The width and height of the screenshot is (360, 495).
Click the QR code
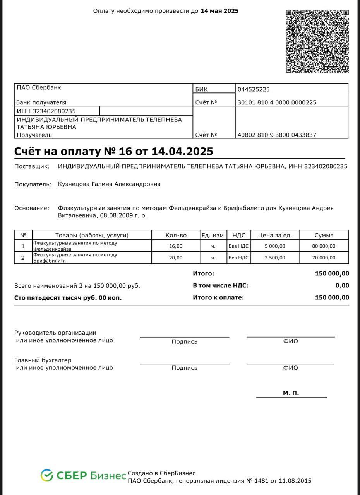(x=317, y=41)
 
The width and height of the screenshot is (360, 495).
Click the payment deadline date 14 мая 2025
(x=219, y=11)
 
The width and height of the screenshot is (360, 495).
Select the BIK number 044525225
(x=254, y=89)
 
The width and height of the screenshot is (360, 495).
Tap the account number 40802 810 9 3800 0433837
(x=277, y=135)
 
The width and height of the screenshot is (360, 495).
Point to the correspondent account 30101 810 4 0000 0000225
(x=277, y=102)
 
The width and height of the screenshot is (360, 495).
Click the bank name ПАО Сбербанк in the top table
(x=39, y=87)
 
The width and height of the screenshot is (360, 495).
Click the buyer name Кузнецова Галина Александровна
(x=109, y=184)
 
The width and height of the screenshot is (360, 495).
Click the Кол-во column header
(x=176, y=235)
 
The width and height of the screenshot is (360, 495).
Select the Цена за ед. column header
(x=275, y=235)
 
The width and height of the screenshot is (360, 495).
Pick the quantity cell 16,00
(x=176, y=246)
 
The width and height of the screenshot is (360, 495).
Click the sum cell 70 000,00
(x=324, y=258)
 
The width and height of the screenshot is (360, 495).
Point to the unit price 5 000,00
(x=275, y=246)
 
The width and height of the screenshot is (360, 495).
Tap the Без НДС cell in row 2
(x=238, y=258)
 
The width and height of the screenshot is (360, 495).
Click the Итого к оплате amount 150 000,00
(x=332, y=297)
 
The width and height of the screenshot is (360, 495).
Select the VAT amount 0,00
(x=342, y=285)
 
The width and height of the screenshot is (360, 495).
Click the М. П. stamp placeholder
(x=291, y=393)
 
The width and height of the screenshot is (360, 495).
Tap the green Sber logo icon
(x=47, y=475)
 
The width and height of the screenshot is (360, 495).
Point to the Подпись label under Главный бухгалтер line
(x=184, y=368)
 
